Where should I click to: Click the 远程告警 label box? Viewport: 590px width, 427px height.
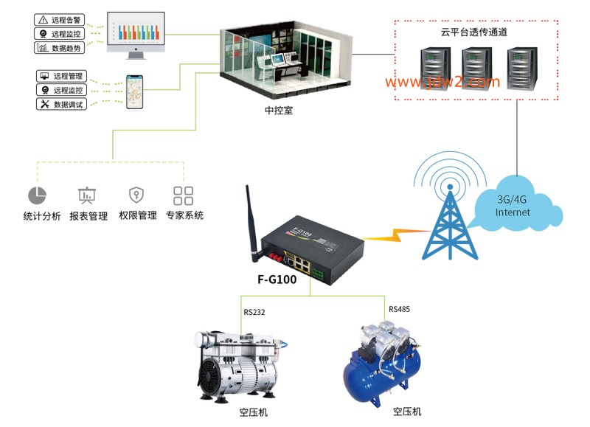(x=59, y=20)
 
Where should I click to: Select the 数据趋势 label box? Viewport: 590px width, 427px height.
(x=59, y=48)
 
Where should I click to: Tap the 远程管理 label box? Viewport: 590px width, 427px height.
(x=61, y=76)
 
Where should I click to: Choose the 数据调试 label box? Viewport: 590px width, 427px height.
(x=61, y=104)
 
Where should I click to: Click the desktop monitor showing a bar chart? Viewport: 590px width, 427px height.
(x=136, y=35)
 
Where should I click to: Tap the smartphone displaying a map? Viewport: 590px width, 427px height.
(x=134, y=92)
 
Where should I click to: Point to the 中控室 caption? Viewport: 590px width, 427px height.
(x=279, y=110)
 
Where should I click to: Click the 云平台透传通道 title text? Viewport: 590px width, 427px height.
(x=474, y=32)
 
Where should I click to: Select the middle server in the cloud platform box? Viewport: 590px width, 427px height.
(x=476, y=68)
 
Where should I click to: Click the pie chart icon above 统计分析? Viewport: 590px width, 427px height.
(x=38, y=195)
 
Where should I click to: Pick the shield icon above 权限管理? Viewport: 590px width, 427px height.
(x=136, y=195)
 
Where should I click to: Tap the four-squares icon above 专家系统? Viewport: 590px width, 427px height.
(x=183, y=195)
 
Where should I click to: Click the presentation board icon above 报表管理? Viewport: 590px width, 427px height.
(x=87, y=195)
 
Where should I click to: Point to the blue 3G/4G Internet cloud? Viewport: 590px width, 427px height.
(x=518, y=204)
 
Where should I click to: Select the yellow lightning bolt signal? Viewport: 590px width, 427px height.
(x=395, y=235)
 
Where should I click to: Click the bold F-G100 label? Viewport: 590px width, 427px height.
(x=277, y=280)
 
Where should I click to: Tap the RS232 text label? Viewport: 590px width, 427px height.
(x=254, y=312)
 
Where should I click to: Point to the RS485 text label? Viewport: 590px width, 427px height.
(x=399, y=309)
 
